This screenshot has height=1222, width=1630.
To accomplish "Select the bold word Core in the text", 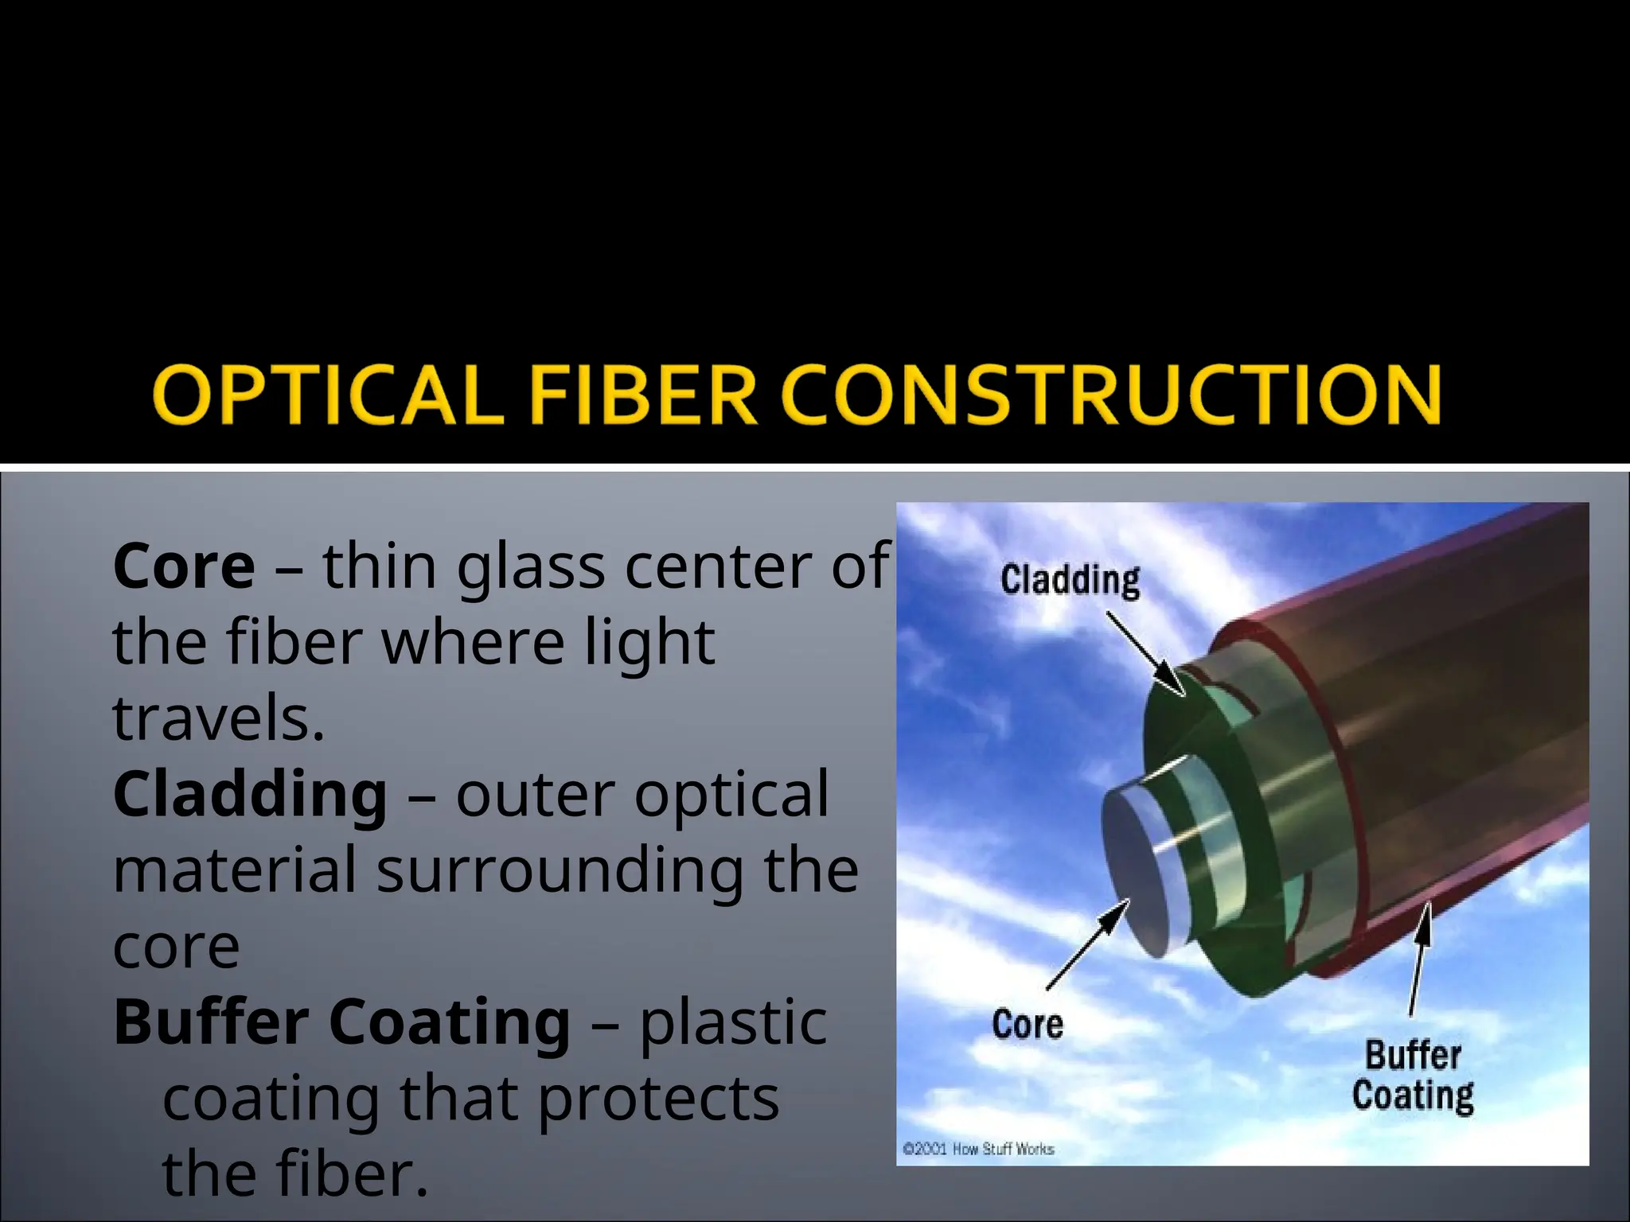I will [x=184, y=566].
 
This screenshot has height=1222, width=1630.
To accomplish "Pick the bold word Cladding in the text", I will [x=250, y=794].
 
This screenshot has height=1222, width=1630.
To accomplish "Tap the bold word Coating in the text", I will [x=450, y=1022].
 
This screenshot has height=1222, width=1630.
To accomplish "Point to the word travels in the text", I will [x=219, y=718].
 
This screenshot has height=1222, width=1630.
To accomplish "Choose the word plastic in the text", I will [x=733, y=1022].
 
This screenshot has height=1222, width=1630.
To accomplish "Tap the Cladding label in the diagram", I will [x=1070, y=580].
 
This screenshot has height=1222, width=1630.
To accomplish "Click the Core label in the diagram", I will [x=1027, y=1023].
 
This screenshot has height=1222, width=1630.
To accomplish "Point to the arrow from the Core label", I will [x=1089, y=944].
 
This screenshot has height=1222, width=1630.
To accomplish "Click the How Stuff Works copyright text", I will [x=978, y=1149].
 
